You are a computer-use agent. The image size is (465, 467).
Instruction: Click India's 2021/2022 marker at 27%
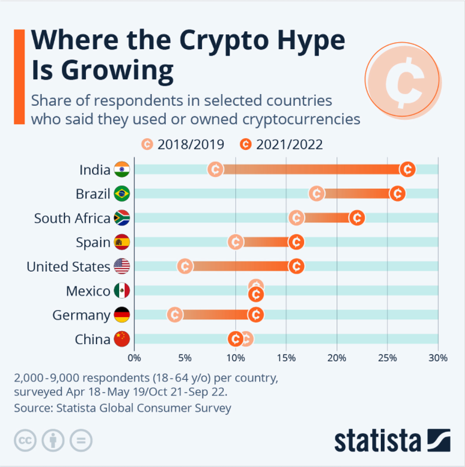point(407,169)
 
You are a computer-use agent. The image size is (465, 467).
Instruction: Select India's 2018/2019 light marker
point(216,169)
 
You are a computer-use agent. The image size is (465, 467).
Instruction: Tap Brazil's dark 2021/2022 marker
point(397,193)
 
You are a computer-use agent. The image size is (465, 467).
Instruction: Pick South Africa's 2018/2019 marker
point(296,218)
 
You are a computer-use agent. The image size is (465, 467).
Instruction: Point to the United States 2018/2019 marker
point(185,266)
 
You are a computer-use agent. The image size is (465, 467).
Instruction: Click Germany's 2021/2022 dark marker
point(255,315)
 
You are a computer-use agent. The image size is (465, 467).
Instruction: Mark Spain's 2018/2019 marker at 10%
point(235,242)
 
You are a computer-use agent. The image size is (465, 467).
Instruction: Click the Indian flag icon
point(121,170)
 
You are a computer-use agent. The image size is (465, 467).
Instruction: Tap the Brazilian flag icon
point(121,194)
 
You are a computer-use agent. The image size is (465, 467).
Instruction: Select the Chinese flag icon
point(121,339)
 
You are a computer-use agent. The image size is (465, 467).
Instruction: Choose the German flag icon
point(121,315)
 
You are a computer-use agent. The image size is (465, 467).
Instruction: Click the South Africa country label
point(72,218)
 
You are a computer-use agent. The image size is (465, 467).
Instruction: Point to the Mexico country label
point(88,291)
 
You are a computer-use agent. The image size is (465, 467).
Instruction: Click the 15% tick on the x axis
point(286,359)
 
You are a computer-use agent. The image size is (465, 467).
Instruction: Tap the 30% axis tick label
point(438,359)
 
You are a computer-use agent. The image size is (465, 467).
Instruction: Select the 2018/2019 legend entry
point(183,145)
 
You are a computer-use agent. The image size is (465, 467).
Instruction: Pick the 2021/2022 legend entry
point(281,145)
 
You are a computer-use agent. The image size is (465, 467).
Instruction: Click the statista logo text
point(377,440)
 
